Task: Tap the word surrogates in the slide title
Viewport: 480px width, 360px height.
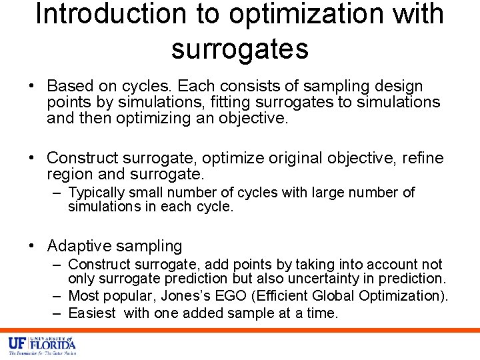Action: click(240, 49)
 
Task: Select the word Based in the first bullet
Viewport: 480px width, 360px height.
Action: click(71, 86)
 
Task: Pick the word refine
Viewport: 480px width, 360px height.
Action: click(419, 158)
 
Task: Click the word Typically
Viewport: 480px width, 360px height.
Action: click(97, 193)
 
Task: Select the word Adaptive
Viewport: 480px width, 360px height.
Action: click(78, 246)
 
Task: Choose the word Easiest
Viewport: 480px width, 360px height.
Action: click(92, 313)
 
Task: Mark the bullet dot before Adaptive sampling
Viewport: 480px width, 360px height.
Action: click(32, 246)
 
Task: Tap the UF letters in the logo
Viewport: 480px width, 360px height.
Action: click(17, 344)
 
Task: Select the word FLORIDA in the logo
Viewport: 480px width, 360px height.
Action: click(52, 345)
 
